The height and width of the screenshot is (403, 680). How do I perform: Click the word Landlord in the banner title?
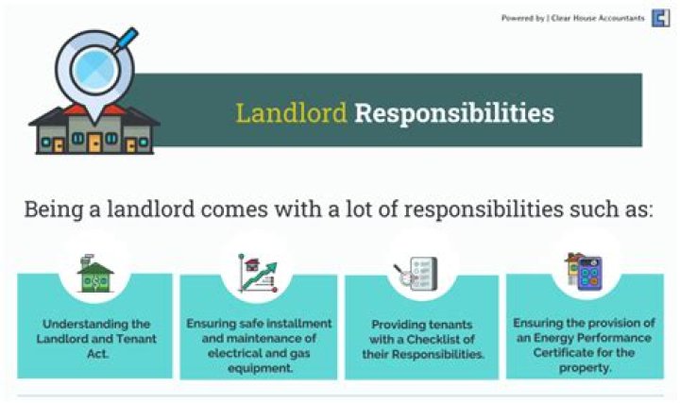(x=291, y=114)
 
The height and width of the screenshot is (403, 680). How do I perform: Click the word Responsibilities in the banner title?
(x=454, y=114)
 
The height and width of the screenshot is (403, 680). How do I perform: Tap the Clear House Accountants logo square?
(x=661, y=18)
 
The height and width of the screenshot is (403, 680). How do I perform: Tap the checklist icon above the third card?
(x=416, y=274)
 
